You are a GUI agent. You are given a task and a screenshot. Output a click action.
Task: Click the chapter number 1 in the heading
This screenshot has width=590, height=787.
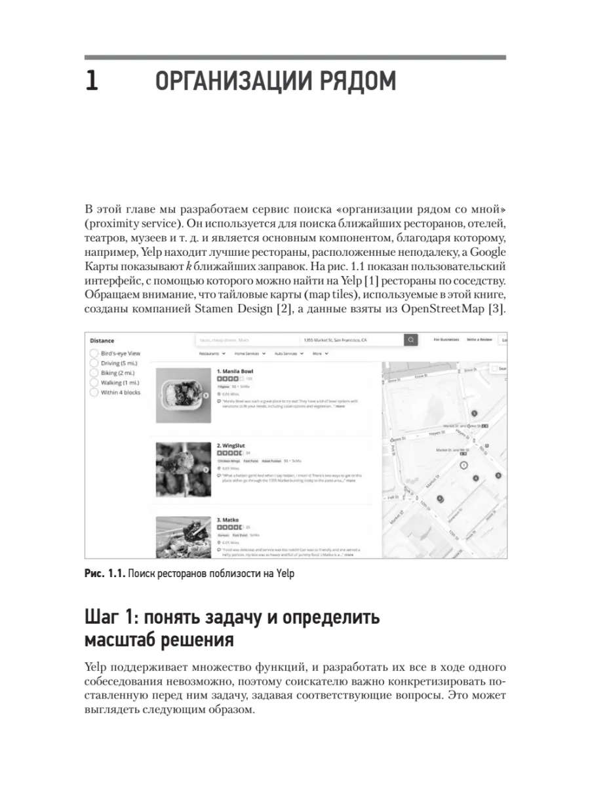tap(92, 83)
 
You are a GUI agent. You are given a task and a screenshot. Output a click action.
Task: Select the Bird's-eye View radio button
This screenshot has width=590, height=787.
tap(94, 353)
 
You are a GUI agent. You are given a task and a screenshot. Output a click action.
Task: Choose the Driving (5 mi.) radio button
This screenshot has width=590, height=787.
tap(94, 363)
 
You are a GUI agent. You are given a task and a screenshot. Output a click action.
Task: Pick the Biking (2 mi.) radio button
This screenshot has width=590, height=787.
tap(94, 373)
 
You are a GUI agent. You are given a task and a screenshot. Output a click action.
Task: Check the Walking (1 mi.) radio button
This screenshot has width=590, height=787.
tap(94, 383)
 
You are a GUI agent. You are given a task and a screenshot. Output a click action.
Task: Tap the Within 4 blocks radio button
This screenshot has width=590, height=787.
tap(94, 393)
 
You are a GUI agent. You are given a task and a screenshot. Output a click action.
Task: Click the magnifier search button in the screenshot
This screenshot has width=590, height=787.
tap(411, 340)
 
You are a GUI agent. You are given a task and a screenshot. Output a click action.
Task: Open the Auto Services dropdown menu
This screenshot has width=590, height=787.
tap(288, 353)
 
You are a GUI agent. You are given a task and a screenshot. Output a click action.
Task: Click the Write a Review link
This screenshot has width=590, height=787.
tap(479, 340)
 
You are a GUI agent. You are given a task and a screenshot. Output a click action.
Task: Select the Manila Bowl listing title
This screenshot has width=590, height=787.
tap(235, 371)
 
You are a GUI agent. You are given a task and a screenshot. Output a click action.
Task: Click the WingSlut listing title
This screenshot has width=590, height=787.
tap(231, 445)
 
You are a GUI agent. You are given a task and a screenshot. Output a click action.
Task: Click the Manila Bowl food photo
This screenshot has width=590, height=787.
tap(182, 395)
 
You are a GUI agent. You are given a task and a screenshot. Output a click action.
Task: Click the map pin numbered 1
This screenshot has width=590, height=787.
tap(463, 465)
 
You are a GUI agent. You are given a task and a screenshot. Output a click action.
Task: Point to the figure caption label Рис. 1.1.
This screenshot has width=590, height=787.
tap(104, 574)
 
